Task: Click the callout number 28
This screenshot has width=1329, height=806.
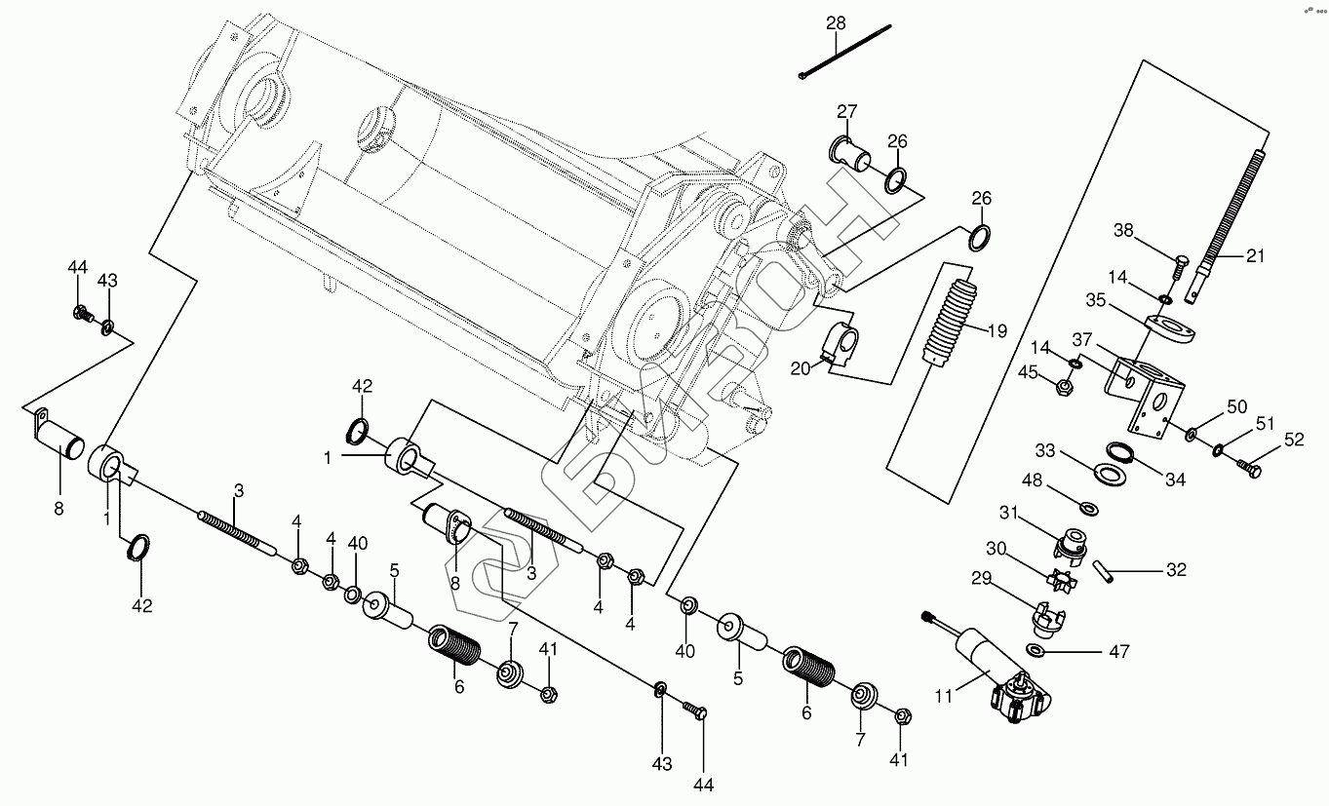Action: (x=836, y=22)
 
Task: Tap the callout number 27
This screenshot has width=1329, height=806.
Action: (x=845, y=110)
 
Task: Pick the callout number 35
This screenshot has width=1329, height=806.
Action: (x=1096, y=301)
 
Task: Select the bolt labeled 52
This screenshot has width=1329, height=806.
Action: (x=1249, y=469)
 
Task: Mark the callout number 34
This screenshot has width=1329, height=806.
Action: (x=1175, y=479)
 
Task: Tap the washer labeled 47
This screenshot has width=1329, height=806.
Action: (x=1038, y=650)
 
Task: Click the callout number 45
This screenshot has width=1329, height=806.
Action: (x=1028, y=370)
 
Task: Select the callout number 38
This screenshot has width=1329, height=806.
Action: (x=1124, y=231)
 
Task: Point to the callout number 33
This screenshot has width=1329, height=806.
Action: (x=1045, y=450)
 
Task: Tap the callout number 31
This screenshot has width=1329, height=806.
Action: (x=1007, y=513)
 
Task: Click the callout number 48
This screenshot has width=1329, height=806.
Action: (x=1033, y=480)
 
